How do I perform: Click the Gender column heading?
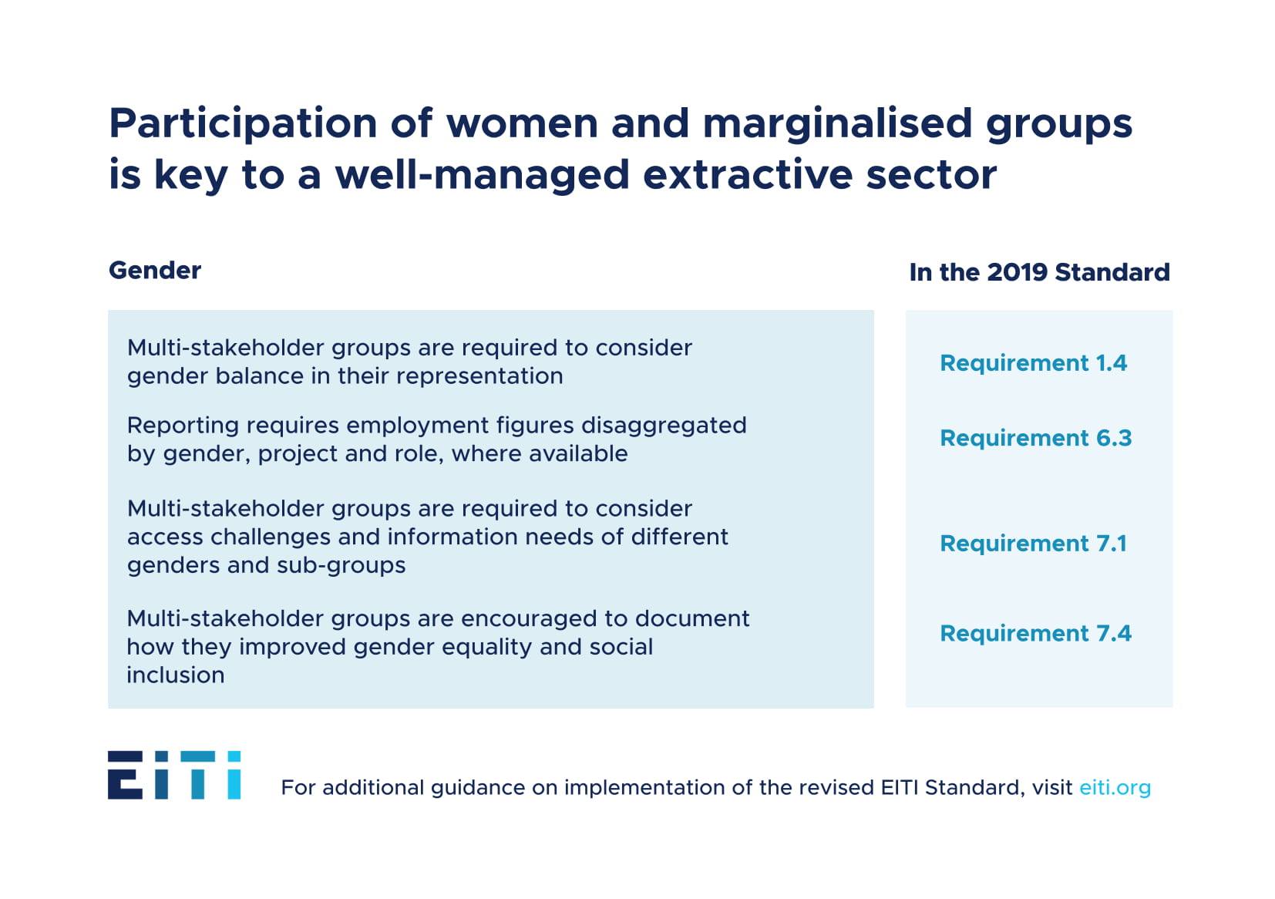154,271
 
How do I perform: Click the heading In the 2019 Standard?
1039,272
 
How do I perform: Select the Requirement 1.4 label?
1033,363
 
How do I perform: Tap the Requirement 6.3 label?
1035,438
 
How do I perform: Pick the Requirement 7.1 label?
1033,544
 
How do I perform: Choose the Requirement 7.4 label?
1035,634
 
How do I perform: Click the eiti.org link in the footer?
1115,787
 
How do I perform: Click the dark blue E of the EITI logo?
125,775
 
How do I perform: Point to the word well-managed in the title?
483,175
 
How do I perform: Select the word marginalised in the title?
837,123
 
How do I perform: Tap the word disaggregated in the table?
663,426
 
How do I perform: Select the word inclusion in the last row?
175,675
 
